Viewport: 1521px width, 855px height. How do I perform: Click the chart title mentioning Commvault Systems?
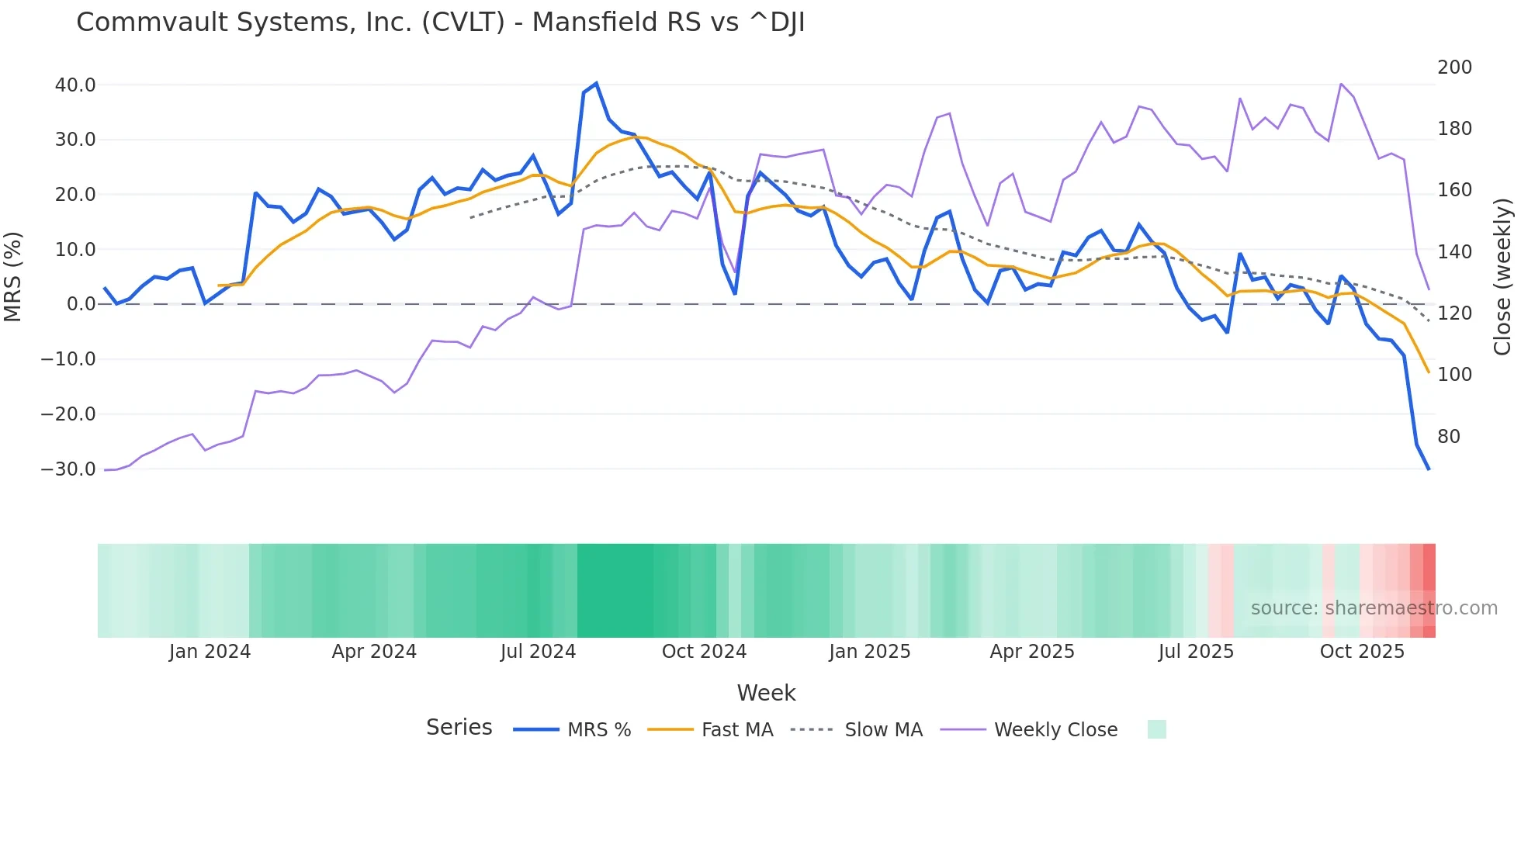tap(440, 22)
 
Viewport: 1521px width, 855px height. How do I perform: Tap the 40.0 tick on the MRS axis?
tap(75, 85)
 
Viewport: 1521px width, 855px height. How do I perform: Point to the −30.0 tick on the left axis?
tap(68, 469)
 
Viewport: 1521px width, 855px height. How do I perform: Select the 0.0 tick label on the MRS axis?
tap(81, 304)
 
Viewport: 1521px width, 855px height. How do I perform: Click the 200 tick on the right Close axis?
tap(1454, 67)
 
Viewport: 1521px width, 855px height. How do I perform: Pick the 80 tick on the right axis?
tap(1448, 437)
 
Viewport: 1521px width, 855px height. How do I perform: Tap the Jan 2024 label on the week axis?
tap(210, 652)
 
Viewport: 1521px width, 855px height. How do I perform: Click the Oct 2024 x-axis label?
tap(704, 652)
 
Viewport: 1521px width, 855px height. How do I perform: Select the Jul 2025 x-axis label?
tap(1196, 652)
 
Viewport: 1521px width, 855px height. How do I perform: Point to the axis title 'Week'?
tap(766, 693)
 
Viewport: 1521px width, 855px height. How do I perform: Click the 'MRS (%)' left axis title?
tap(13, 277)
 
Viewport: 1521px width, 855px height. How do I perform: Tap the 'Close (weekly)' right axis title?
tap(1502, 277)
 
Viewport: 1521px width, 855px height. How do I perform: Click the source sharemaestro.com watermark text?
tap(1374, 608)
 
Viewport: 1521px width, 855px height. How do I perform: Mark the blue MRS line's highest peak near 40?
tap(596, 83)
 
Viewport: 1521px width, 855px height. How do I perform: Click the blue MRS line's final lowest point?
tap(1428, 469)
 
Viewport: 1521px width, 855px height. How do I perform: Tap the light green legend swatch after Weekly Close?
tap(1156, 729)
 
